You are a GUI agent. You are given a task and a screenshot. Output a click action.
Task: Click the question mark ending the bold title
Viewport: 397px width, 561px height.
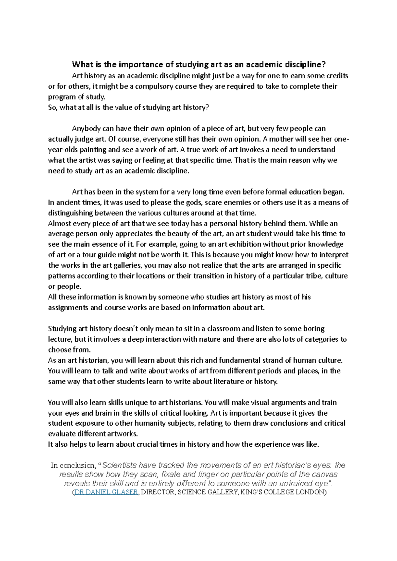point(324,64)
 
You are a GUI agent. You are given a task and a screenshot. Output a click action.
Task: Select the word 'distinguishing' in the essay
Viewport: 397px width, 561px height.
point(70,213)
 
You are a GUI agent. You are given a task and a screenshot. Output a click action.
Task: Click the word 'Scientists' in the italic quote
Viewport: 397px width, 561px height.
point(120,466)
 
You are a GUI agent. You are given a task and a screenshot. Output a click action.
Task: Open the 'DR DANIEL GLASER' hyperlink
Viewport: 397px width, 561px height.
point(106,492)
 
